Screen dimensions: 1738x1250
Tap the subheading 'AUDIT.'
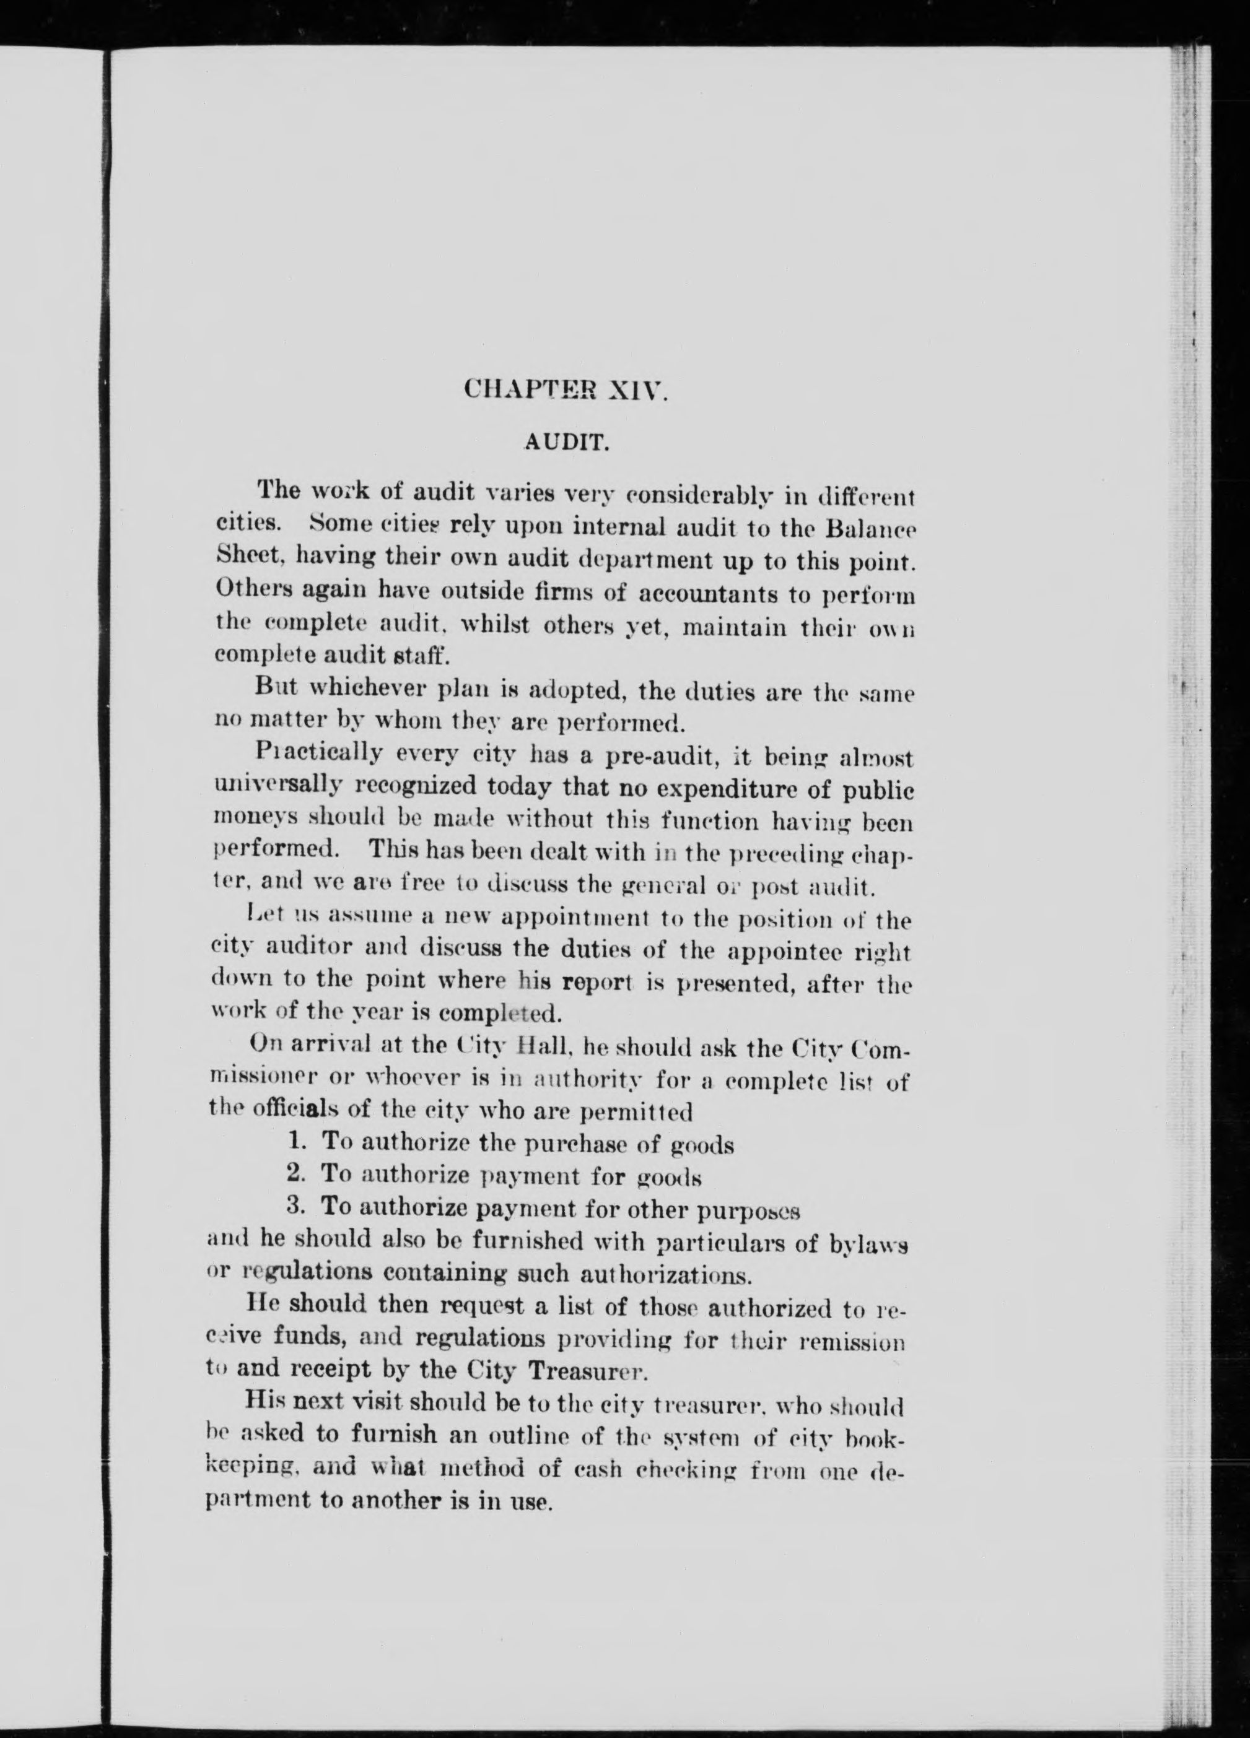click(566, 442)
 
